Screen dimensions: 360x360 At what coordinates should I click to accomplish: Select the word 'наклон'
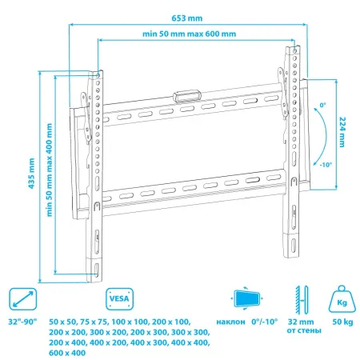pos(233,320)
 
